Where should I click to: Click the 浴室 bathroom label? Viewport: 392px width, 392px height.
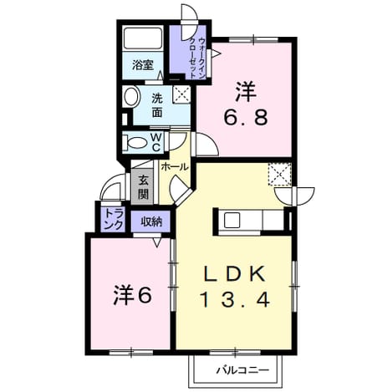143,65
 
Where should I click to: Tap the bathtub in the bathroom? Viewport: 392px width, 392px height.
143,38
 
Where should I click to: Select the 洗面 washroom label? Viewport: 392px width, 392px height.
157,105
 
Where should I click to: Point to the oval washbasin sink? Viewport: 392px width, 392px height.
131,96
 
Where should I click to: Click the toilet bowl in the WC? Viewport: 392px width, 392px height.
135,143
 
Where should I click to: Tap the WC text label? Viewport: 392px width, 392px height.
155,142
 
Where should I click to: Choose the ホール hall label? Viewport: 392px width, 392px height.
175,167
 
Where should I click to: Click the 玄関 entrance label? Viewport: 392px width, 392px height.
143,187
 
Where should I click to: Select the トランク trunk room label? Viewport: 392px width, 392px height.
114,219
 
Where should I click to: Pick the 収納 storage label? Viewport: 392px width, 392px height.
150,221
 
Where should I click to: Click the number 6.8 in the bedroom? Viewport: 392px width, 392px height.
246,117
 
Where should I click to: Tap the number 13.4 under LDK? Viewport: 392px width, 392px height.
235,299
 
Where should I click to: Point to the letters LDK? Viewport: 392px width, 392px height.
235,274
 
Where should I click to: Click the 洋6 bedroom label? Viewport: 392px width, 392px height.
133,296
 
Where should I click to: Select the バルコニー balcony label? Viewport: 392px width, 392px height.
243,370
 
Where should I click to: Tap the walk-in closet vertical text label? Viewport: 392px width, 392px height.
197,58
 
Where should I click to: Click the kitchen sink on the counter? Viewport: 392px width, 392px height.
232,220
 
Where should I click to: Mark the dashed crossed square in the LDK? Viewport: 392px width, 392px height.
279,175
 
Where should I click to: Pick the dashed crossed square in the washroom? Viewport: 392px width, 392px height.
181,94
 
